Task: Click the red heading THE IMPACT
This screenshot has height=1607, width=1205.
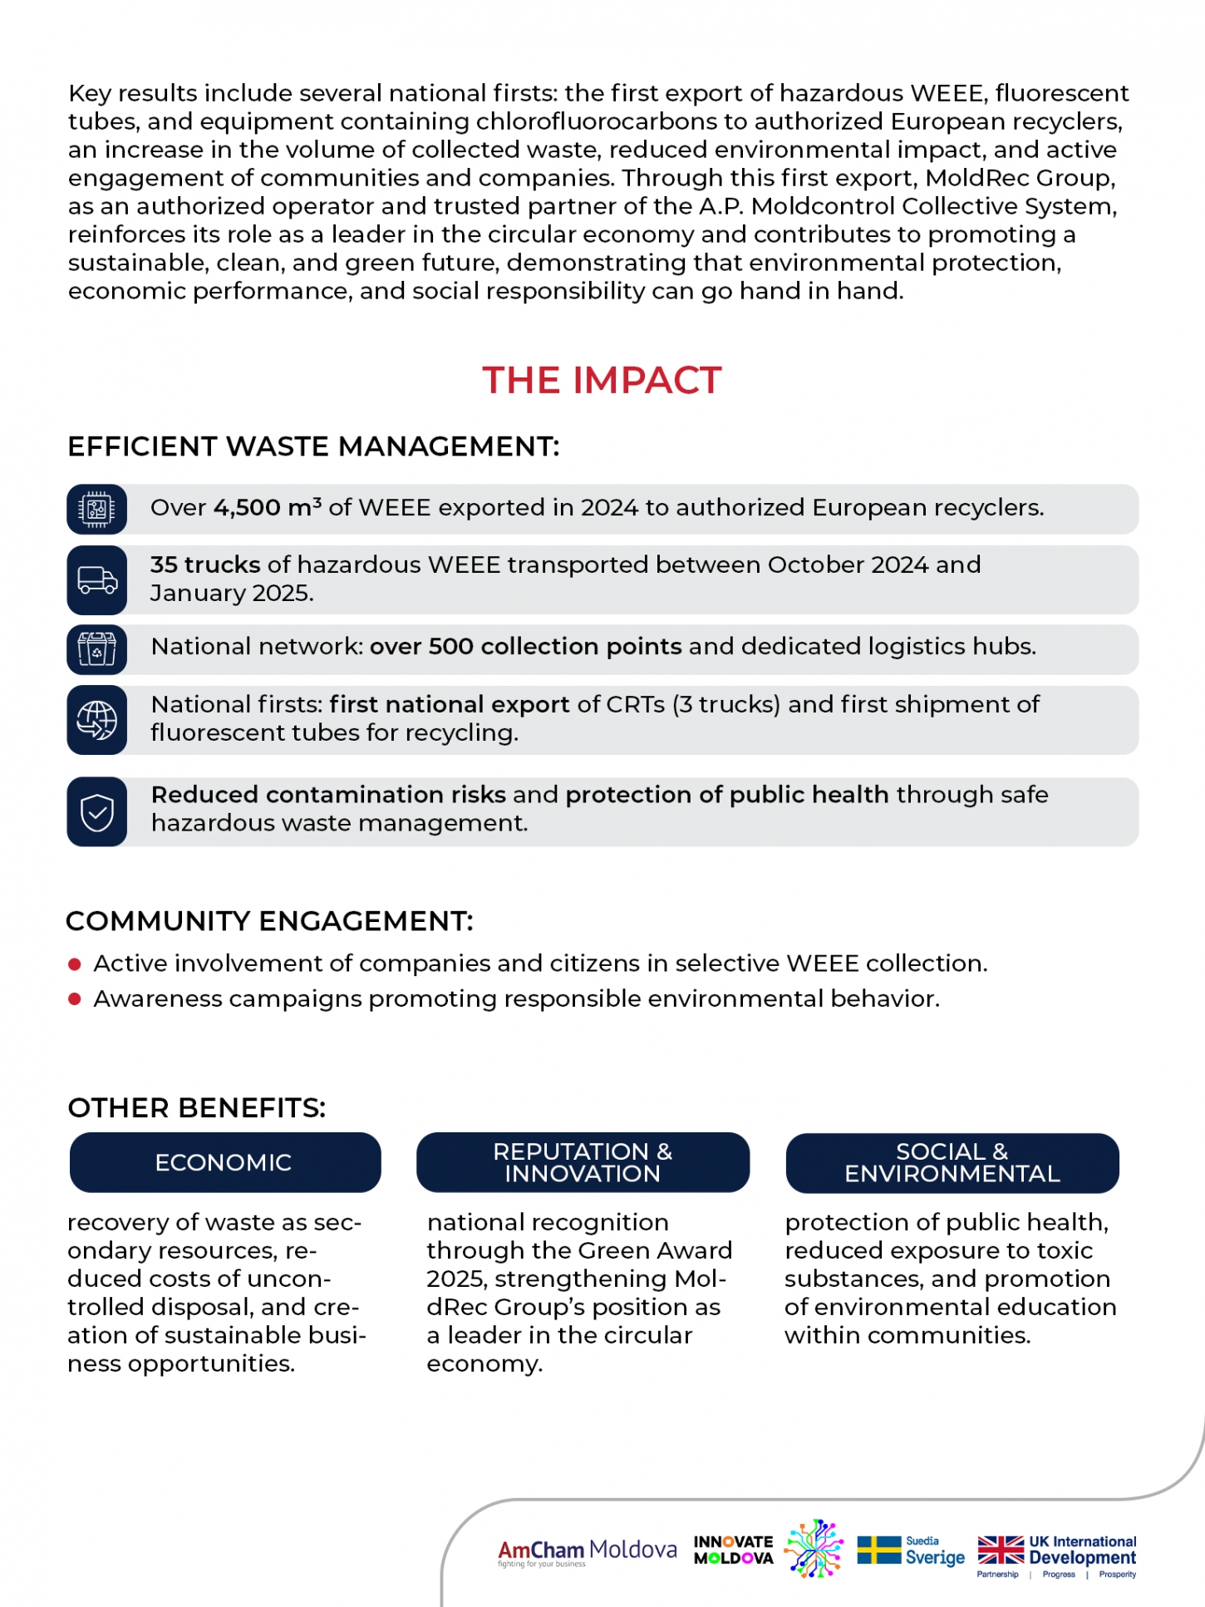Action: coord(602,381)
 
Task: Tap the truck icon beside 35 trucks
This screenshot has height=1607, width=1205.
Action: coord(97,579)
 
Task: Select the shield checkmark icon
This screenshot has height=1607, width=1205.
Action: coord(97,811)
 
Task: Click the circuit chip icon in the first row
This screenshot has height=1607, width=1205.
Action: coord(97,509)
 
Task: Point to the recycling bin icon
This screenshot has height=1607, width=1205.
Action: coord(97,649)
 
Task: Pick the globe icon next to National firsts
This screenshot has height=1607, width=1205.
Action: coord(97,720)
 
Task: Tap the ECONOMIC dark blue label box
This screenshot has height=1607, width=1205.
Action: coord(224,1162)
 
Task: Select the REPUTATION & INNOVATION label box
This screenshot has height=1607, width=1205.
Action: coord(583,1162)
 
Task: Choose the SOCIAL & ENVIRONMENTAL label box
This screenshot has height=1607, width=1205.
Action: coord(952,1162)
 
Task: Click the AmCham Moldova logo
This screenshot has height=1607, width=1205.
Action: coord(587,1551)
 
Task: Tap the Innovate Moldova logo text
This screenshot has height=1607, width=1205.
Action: coord(734,1550)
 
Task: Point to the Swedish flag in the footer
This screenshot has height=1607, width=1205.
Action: coord(878,1550)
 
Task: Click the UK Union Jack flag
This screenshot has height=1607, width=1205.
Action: coord(1001,1550)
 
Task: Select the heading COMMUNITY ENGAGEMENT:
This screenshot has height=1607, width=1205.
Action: coord(269,921)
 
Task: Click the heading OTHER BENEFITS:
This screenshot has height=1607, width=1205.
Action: coord(197,1108)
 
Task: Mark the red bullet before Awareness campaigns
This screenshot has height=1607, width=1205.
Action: coord(75,999)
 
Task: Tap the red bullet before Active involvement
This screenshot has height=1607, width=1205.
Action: coord(75,964)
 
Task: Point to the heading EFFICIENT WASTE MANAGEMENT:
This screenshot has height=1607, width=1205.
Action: coord(313,446)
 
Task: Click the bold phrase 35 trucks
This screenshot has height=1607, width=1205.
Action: coord(205,564)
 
